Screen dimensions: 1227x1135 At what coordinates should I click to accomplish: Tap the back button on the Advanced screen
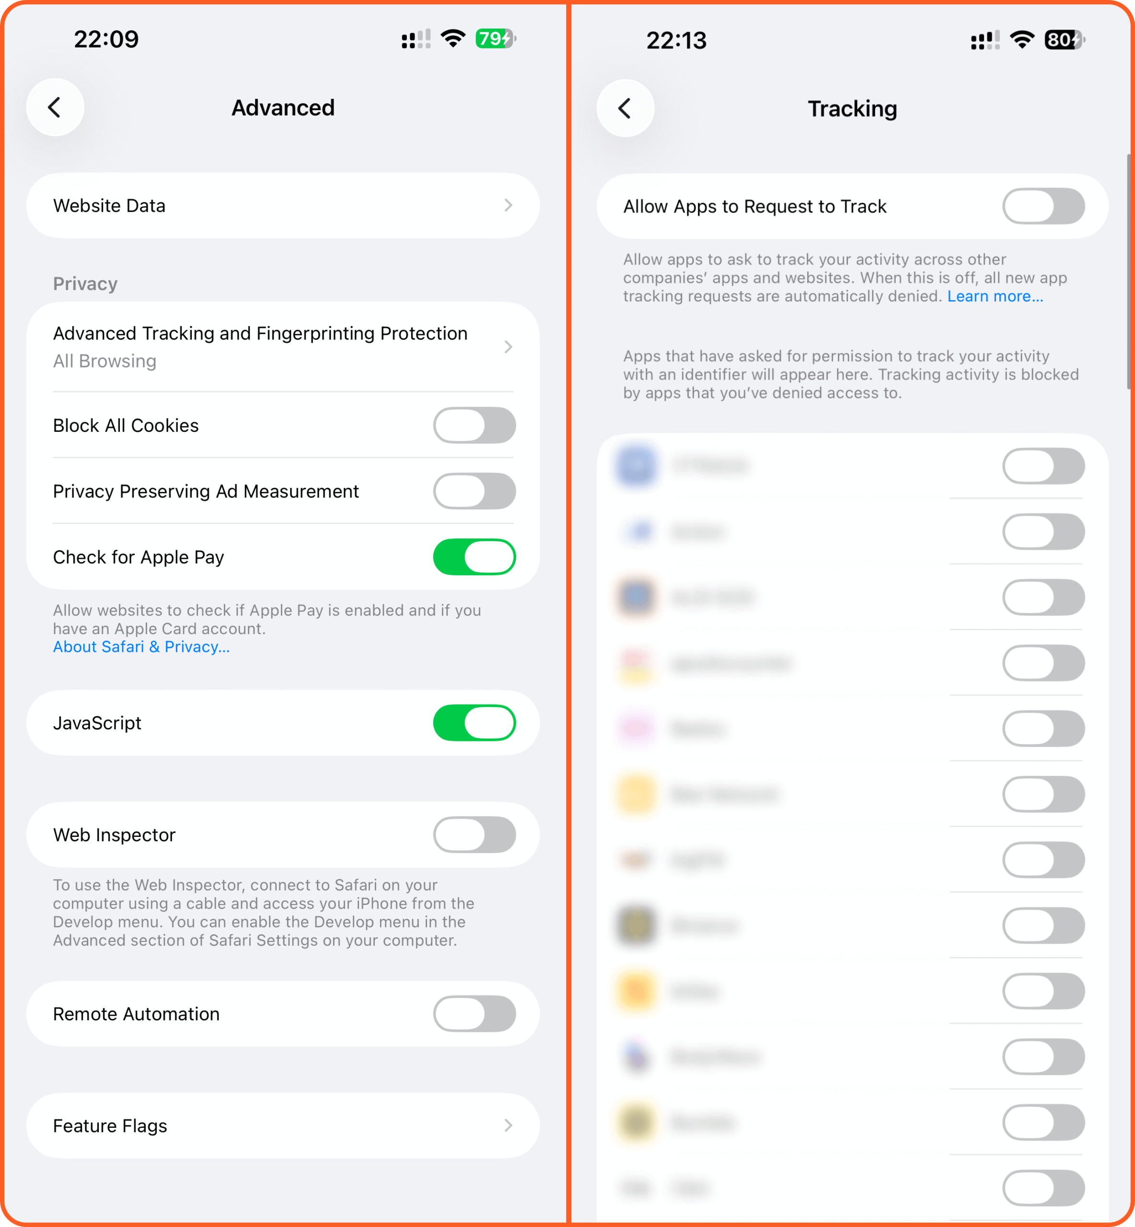(55, 107)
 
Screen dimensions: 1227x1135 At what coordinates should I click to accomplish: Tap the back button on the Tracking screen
(625, 109)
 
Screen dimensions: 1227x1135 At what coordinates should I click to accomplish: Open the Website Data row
(282, 206)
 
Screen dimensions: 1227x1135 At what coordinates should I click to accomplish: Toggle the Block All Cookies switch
(474, 426)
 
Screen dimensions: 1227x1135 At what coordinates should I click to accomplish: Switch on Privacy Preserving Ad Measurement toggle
(474, 491)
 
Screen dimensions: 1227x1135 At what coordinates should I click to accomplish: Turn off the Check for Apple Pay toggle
(474, 557)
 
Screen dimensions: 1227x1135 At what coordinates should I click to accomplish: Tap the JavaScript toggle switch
(474, 723)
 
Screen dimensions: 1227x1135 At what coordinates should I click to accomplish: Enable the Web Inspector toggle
(474, 834)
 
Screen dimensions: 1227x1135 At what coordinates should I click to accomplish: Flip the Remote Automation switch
(474, 1014)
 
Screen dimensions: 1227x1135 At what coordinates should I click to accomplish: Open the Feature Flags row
(282, 1126)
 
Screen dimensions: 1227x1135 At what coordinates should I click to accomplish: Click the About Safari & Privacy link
(141, 647)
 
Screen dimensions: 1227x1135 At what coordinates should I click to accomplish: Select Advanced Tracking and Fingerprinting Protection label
(260, 334)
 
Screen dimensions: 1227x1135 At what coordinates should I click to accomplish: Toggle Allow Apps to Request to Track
(1043, 207)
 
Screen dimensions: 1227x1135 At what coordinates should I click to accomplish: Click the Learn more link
(995, 297)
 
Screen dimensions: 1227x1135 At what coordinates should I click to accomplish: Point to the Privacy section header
(85, 284)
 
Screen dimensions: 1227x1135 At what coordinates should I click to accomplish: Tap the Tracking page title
(852, 109)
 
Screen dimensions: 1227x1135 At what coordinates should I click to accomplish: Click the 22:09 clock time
(106, 39)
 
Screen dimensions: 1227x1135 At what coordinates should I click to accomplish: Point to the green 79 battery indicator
(495, 39)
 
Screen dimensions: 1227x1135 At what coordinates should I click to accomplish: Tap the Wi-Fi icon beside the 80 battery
(1022, 40)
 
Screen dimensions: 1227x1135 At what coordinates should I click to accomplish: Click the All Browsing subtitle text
(104, 361)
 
